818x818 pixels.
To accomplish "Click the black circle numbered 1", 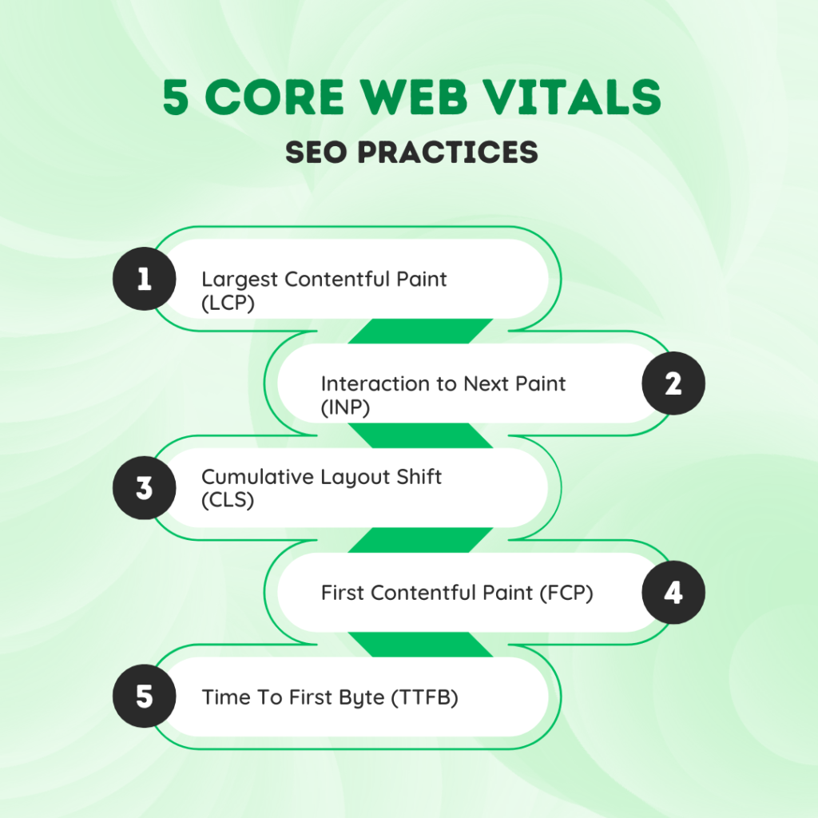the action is (x=145, y=279).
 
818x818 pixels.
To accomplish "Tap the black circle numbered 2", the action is (x=673, y=383).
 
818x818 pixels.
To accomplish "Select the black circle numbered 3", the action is (x=145, y=488).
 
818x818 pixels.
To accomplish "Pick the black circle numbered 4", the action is (x=673, y=592).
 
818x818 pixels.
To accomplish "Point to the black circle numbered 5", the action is (x=145, y=696).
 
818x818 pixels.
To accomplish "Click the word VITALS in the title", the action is (x=571, y=97).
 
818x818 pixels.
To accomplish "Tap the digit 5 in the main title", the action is (x=175, y=97).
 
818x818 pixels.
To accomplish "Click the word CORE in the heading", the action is (x=275, y=97).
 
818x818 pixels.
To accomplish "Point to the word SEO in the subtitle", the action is (x=316, y=153).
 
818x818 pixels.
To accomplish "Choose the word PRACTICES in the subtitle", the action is (x=447, y=153).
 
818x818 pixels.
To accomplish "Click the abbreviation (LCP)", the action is (x=228, y=303).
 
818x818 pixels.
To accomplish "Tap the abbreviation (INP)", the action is (x=345, y=407).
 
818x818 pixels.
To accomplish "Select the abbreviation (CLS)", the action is (x=228, y=500).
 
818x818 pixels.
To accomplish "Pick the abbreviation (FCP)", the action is (x=566, y=594).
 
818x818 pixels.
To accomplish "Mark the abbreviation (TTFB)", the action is (x=425, y=697).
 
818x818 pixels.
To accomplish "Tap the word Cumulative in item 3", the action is (x=257, y=477).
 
